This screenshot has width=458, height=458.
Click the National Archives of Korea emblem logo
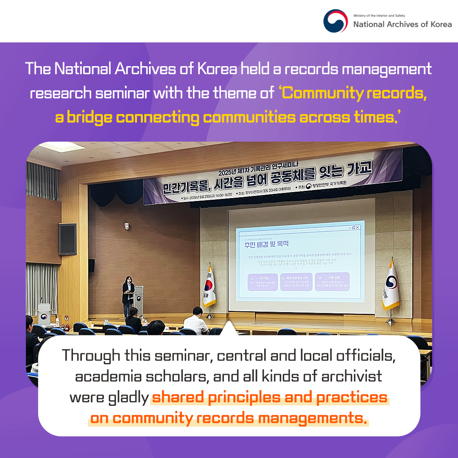[x=335, y=21]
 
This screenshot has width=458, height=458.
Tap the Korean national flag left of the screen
[x=209, y=286]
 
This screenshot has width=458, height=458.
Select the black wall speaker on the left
[x=67, y=239]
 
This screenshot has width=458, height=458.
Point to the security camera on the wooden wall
[x=126, y=226]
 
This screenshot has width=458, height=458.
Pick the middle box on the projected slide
[x=297, y=282]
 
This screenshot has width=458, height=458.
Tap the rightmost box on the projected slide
[x=332, y=282]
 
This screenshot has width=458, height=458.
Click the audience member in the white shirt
[x=195, y=321]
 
